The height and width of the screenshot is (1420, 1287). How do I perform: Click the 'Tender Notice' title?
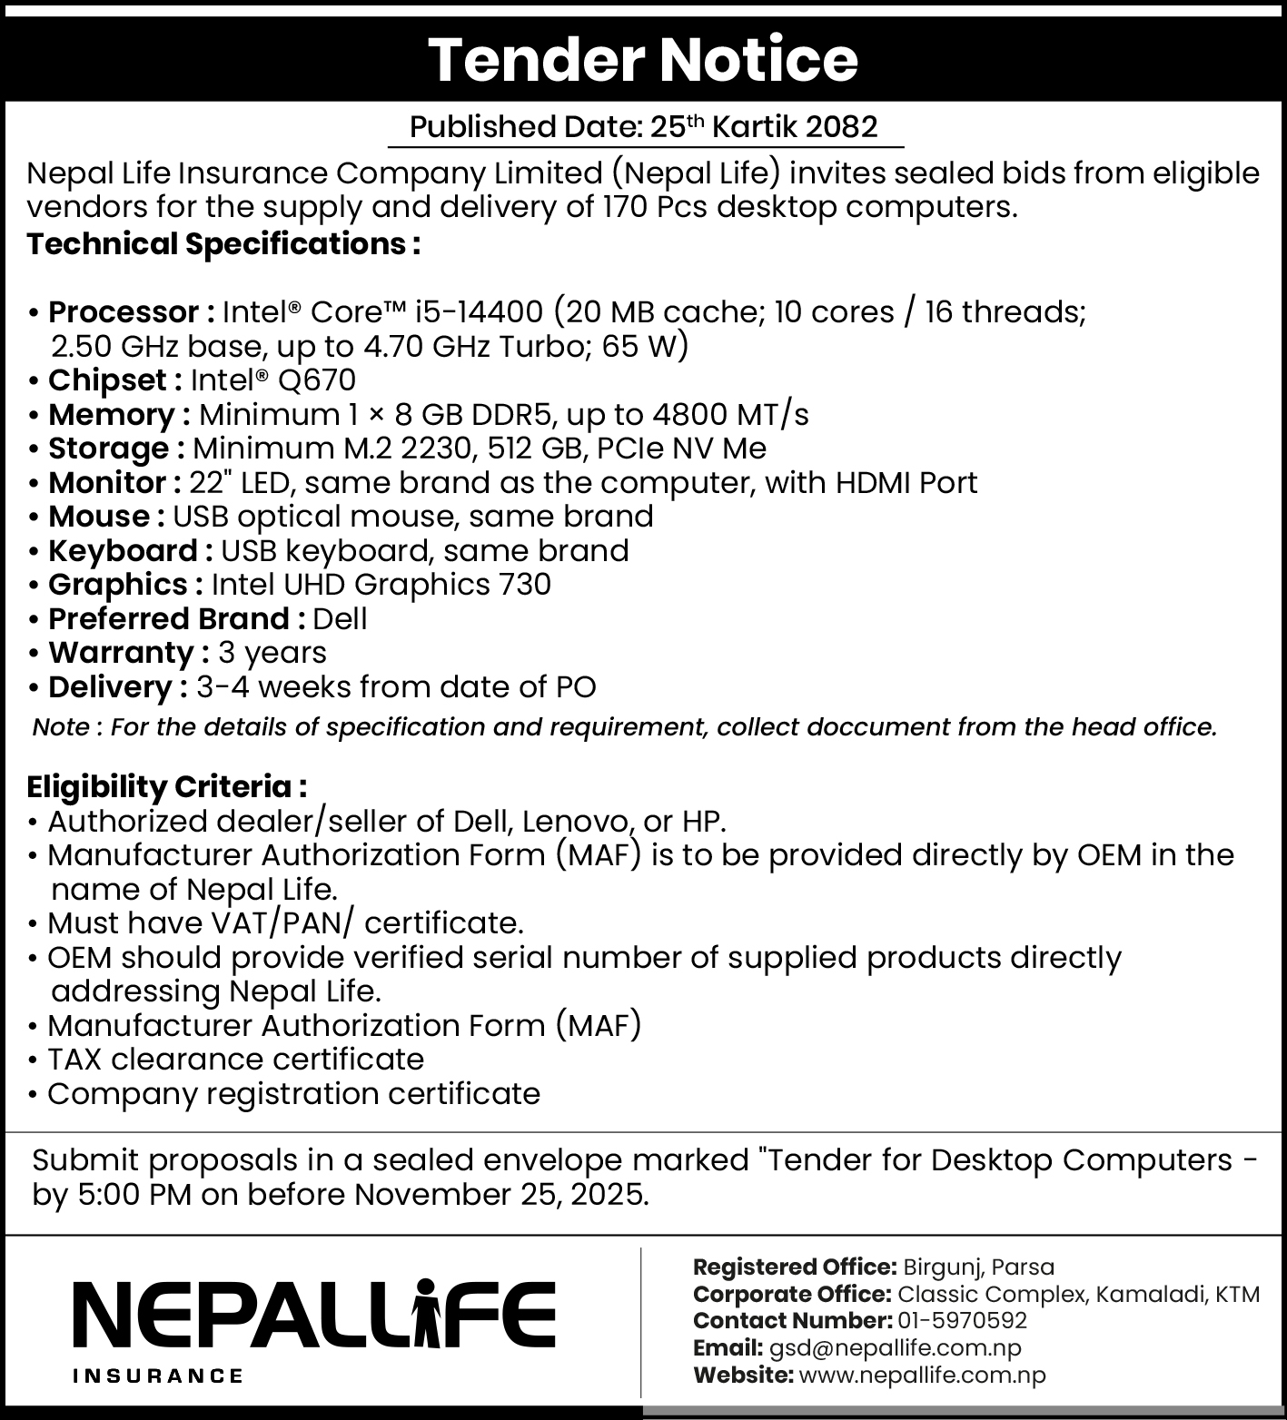point(642,60)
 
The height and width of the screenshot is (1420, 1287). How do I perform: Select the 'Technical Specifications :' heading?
point(223,244)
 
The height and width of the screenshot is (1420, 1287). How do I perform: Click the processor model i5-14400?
point(478,312)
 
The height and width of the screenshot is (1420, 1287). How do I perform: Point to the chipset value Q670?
point(317,380)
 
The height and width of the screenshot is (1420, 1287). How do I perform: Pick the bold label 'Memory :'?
point(119,415)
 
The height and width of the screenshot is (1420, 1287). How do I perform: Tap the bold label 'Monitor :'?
point(114,483)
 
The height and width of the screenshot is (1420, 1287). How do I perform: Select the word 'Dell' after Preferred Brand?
point(340,619)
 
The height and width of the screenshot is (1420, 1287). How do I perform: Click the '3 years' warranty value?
point(272,653)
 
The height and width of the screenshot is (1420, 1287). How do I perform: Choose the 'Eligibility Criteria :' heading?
point(167,786)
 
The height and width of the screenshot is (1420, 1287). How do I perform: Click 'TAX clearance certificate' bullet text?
point(235,1060)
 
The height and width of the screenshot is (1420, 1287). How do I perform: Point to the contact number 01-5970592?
point(962,1320)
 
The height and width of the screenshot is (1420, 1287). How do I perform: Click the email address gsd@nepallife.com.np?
point(895,1348)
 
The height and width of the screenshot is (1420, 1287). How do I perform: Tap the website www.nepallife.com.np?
point(922,1376)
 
